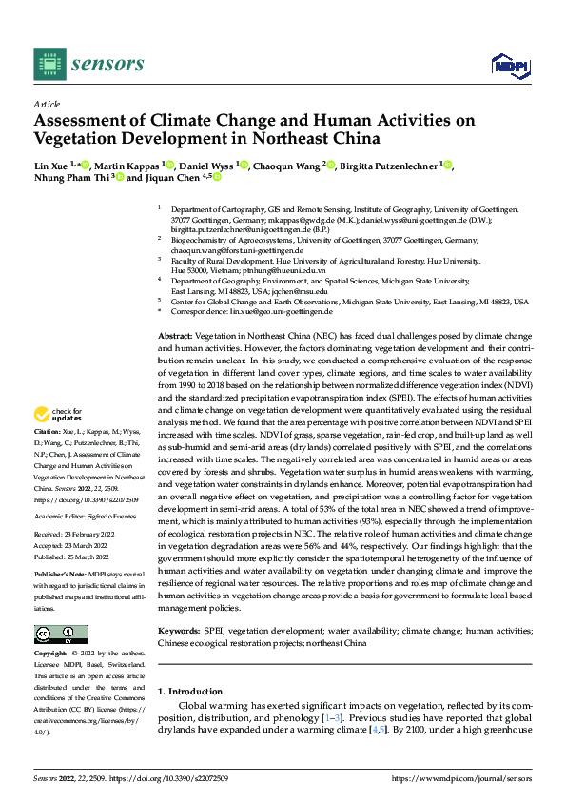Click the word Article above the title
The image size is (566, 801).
click(x=46, y=104)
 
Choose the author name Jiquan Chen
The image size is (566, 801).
click(x=173, y=177)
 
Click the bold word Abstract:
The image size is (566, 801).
click(x=174, y=337)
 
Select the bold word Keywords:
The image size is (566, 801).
click(x=179, y=631)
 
